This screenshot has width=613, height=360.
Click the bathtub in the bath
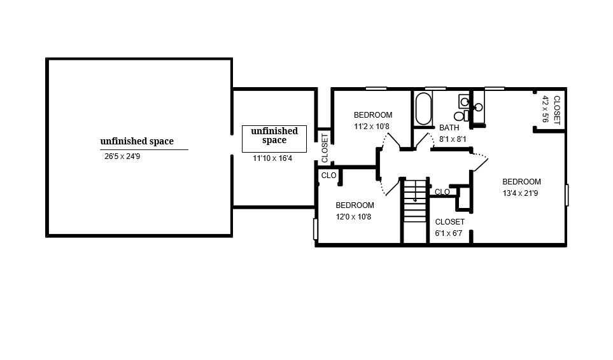coord(423,108)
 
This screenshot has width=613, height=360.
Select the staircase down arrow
coord(415,191)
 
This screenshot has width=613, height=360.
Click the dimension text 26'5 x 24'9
coord(122,156)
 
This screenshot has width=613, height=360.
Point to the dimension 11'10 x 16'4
coord(272,158)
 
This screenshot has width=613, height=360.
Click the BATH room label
coord(449,128)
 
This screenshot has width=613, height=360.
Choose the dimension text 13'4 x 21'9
coord(520,193)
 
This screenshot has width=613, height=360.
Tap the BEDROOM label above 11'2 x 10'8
coord(373,115)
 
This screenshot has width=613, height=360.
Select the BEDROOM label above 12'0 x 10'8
coord(355,205)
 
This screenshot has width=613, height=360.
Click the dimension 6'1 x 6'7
coord(449,233)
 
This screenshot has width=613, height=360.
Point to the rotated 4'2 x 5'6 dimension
coord(546,109)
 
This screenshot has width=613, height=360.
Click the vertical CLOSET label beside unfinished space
coord(325,148)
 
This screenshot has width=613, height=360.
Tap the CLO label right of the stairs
coord(442,192)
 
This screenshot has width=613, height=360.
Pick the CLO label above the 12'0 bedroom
coord(329,176)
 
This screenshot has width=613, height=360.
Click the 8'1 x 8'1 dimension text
coord(453,139)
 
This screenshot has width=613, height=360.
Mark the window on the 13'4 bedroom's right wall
coord(567,195)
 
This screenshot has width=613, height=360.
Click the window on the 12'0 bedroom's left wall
coord(316,229)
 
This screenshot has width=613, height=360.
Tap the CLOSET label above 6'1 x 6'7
coord(449,222)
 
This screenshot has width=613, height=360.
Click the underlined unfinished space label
coord(137,141)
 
